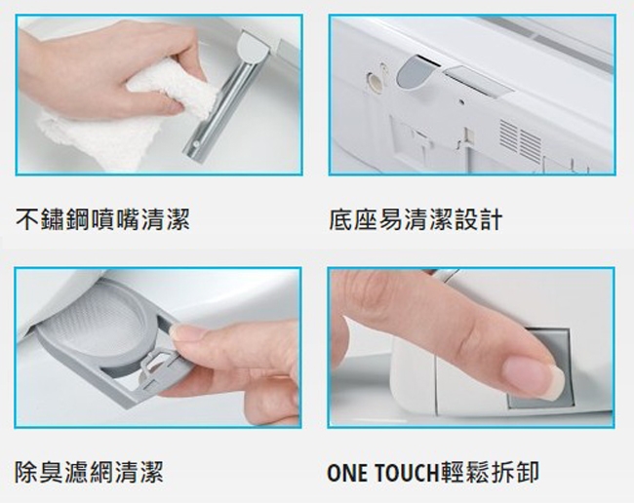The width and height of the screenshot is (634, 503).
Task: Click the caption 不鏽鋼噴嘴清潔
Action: (102, 218)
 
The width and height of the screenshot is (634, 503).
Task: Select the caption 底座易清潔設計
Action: (416, 218)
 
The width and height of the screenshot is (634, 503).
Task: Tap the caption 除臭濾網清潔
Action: (89, 473)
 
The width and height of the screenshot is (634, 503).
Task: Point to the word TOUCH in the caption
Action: (396, 474)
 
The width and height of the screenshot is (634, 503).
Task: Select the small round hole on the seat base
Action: (372, 80)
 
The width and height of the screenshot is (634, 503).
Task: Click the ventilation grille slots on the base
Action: (520, 141)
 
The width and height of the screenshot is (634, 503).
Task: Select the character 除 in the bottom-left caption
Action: (27, 473)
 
